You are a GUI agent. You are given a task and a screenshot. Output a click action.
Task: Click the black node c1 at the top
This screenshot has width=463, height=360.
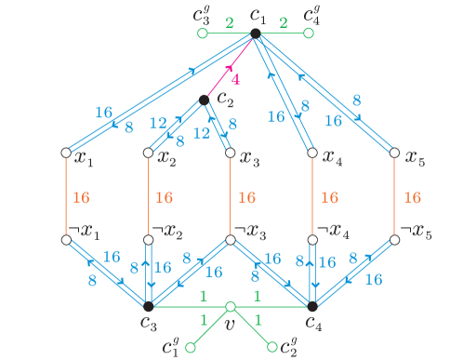tap(256, 35)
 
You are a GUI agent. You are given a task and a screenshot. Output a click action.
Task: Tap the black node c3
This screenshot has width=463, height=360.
tap(148, 305)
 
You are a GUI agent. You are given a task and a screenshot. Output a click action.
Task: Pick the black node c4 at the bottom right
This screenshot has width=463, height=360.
tap(312, 305)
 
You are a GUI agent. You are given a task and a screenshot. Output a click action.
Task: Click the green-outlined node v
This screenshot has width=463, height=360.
tap(231, 305)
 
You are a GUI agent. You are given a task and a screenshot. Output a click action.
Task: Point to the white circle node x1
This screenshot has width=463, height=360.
tap(66, 153)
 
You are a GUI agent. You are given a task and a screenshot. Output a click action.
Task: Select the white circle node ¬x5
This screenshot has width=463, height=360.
tap(395, 239)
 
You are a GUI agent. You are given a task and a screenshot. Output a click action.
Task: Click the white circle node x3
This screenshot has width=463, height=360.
tap(230, 153)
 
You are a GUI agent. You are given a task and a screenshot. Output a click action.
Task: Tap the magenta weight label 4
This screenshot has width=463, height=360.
tap(236, 80)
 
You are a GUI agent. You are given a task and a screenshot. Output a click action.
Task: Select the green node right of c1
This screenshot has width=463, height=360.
tap(310, 35)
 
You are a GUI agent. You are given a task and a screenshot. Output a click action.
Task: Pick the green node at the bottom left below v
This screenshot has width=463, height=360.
tap(190, 348)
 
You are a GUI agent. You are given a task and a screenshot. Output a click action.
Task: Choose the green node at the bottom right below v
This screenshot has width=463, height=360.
tap(272, 348)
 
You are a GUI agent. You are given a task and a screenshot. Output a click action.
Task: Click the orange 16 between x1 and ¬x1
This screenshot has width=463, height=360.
tap(81, 197)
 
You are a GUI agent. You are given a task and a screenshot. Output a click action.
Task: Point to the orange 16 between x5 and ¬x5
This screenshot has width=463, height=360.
tap(414, 197)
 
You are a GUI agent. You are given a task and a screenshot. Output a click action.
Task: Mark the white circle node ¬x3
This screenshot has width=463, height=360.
tap(230, 239)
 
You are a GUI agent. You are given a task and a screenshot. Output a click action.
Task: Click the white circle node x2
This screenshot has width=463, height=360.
tap(148, 153)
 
